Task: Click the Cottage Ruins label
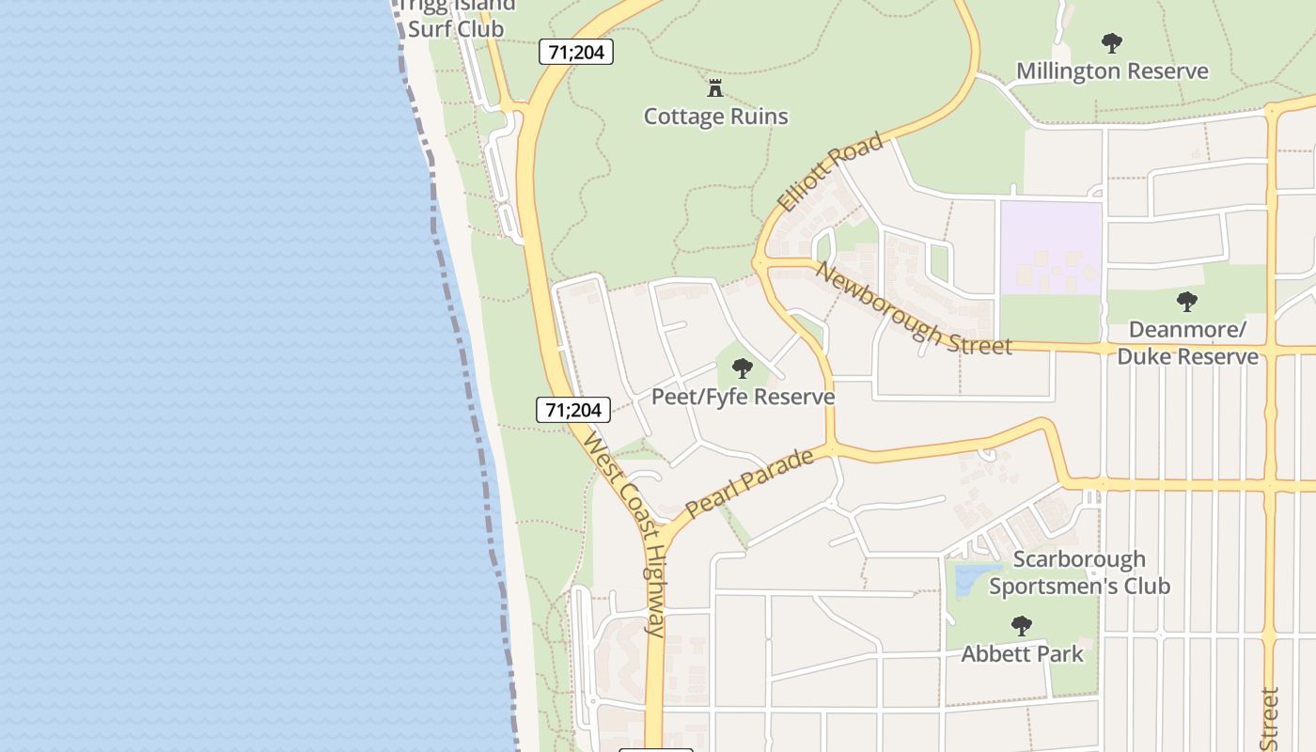point(715,117)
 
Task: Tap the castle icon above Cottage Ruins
point(715,89)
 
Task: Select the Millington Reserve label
point(1112,71)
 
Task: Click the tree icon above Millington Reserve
point(1112,42)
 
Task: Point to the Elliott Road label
point(831,172)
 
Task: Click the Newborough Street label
point(913,309)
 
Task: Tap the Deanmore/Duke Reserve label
point(1186,343)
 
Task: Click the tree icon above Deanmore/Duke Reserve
point(1186,302)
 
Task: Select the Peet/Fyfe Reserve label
point(743,397)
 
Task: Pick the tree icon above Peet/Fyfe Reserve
point(743,368)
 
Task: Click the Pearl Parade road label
point(749,483)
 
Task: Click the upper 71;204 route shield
point(575,52)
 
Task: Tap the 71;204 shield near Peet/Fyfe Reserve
point(573,409)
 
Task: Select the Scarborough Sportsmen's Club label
point(1079,572)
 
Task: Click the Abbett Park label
point(1022,654)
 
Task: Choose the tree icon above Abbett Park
point(1022,625)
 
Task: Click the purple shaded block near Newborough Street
point(1050,247)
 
